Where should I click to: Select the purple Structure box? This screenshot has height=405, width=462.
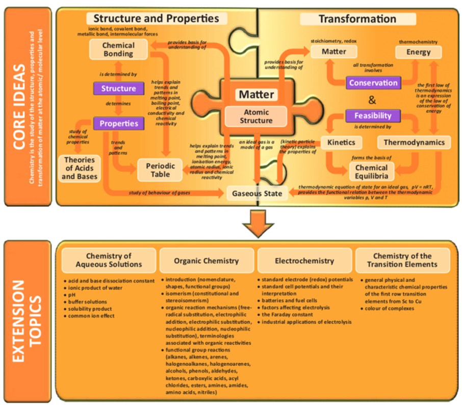pos(118,88)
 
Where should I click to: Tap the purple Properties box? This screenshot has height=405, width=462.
pos(118,123)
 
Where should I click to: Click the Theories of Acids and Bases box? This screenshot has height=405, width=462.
pos(80,168)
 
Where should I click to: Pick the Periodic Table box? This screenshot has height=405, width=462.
pos(161,170)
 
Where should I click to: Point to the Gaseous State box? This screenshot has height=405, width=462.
pos(257,194)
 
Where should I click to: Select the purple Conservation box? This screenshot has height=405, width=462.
pos(373,82)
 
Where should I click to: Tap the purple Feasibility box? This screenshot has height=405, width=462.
pos(373,115)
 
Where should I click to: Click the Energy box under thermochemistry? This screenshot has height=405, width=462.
pos(418,52)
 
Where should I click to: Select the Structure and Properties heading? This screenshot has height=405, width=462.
pos(157,18)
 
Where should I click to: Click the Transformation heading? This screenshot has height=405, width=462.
pos(357,19)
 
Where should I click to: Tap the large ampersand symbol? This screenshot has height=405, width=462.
pos(372,99)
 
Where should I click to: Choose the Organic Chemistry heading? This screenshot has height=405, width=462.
pos(206,260)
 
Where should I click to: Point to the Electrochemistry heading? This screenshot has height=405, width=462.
pos(304,260)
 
